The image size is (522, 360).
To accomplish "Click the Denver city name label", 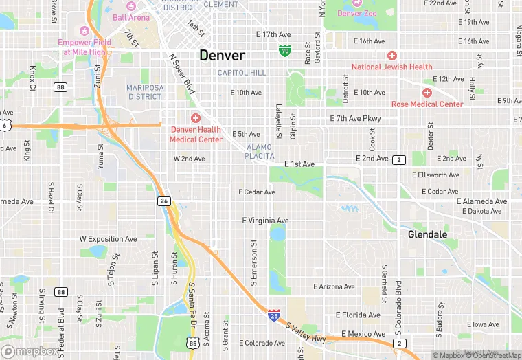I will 222,56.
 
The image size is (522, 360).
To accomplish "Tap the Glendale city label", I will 427,234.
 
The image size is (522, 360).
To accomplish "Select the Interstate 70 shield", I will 285,51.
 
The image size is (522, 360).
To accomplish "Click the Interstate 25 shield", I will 274,315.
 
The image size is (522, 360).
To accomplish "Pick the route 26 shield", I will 163,201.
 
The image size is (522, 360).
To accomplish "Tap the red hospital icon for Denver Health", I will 196,118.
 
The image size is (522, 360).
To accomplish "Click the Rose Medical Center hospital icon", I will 427,92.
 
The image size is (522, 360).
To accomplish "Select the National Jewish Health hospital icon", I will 392,56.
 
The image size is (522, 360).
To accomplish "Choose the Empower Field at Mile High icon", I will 85,31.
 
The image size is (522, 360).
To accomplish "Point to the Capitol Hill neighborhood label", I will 241,73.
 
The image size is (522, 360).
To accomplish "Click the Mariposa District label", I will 144,92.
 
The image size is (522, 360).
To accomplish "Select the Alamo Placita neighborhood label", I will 259,152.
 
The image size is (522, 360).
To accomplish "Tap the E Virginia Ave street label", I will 265,221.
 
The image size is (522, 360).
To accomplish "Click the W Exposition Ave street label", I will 108,239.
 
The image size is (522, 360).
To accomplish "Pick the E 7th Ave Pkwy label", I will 355,119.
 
